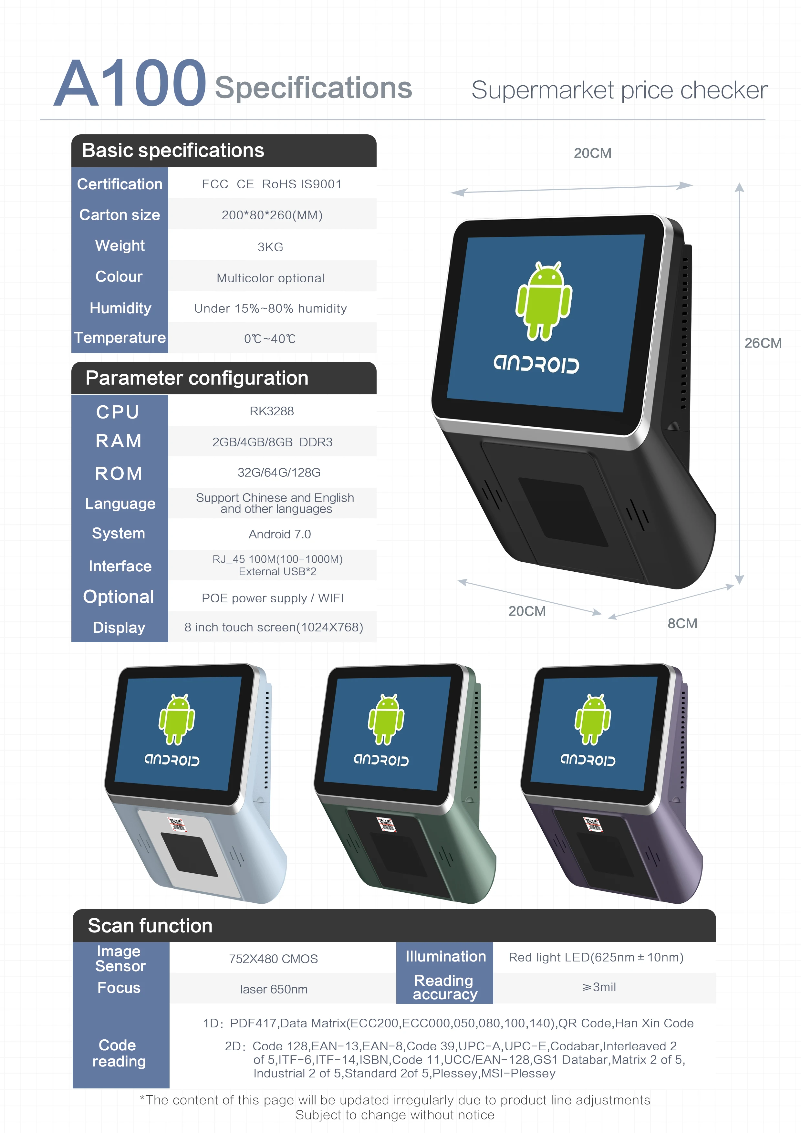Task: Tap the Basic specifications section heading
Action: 173,151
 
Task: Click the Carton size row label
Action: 120,215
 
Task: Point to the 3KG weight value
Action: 270,247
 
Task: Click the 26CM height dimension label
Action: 763,343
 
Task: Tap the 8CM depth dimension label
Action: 682,623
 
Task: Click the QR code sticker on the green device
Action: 386,825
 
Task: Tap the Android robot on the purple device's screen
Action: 592,719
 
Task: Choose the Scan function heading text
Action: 150,926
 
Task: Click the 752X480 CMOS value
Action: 274,959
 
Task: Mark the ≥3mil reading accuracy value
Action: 599,987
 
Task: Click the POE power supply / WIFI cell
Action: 272,598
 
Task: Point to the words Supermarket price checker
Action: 619,90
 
